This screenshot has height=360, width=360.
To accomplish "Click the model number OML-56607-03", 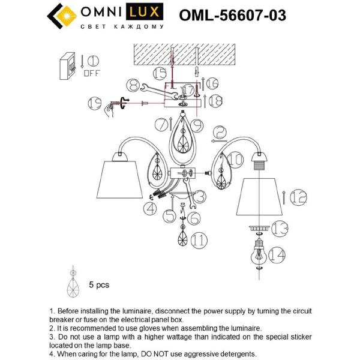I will coord(232,15).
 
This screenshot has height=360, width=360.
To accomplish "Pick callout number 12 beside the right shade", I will coord(298,196).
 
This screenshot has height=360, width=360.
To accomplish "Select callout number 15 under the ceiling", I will coord(159,74).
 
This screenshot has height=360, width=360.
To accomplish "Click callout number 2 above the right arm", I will coord(220,133).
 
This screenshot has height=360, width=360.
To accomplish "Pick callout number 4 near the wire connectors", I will coord(149,208).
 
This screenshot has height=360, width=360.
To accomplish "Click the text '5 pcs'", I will coord(99,286).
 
